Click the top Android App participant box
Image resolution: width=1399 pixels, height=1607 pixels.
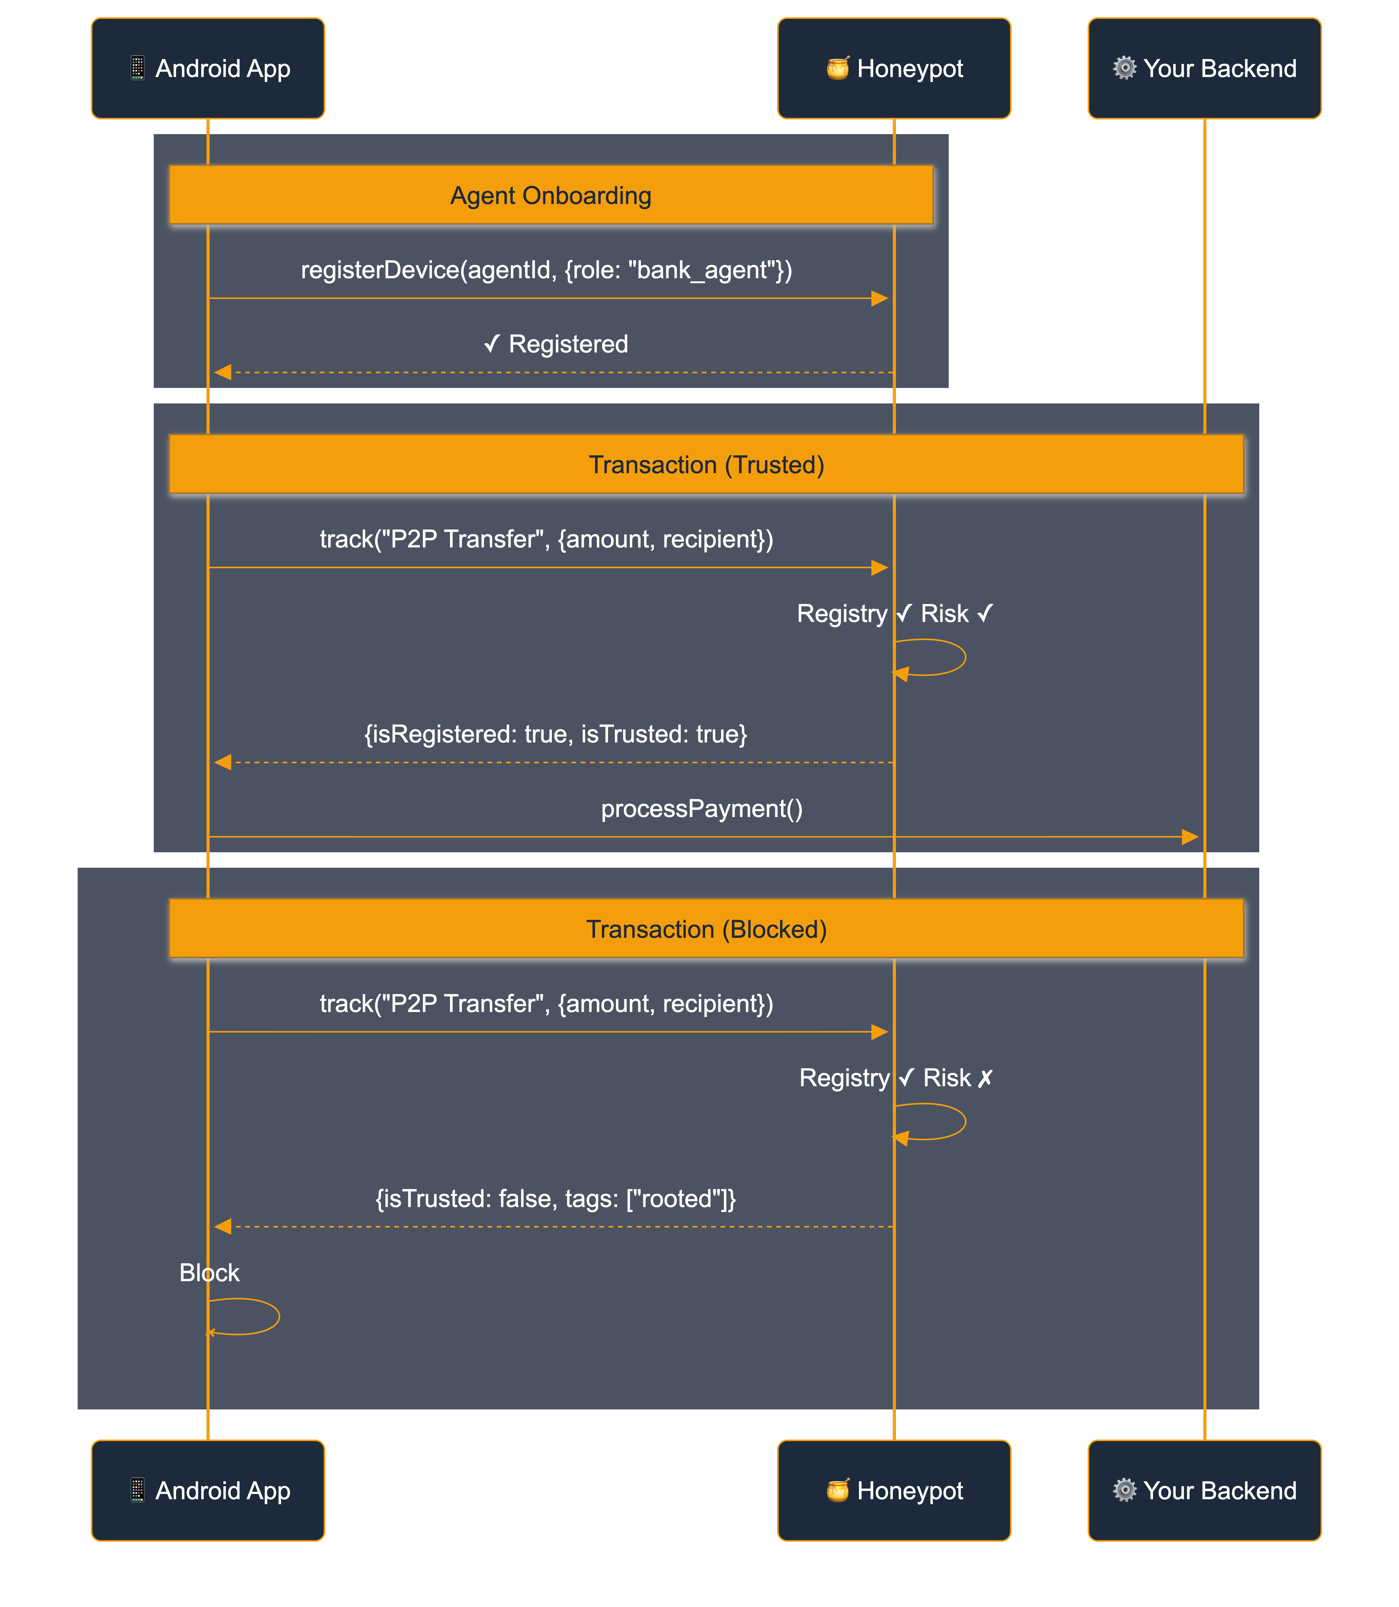click(x=208, y=69)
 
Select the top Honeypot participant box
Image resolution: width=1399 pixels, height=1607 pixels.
click(x=894, y=69)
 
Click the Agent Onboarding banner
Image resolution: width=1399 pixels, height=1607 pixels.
click(x=550, y=195)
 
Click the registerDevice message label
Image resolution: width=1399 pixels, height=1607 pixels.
click(x=547, y=270)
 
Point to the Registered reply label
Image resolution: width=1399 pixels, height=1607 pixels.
click(x=556, y=344)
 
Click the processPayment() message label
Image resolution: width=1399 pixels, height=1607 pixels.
click(x=701, y=809)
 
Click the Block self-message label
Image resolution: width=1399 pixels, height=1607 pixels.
click(x=209, y=1273)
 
